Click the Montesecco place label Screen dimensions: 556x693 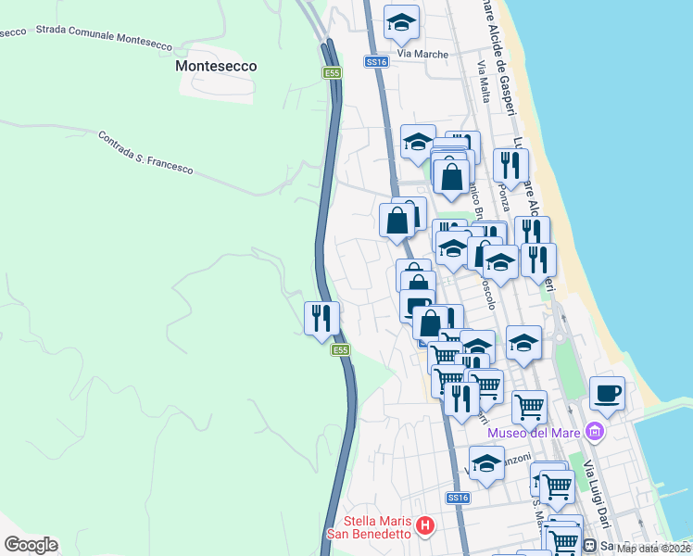(x=216, y=67)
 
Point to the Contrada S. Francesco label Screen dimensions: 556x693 (x=145, y=152)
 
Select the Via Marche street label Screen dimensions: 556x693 (x=422, y=54)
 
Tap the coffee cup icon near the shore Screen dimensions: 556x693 (x=607, y=393)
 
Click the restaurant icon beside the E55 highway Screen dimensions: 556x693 (x=321, y=318)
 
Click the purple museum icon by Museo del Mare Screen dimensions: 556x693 (x=595, y=432)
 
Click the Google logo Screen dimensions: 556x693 (x=31, y=545)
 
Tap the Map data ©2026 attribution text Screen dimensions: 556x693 (x=653, y=549)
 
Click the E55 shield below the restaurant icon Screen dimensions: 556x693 (x=341, y=350)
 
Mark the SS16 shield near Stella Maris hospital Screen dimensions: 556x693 (x=458, y=498)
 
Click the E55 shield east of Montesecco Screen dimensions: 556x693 (x=332, y=72)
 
